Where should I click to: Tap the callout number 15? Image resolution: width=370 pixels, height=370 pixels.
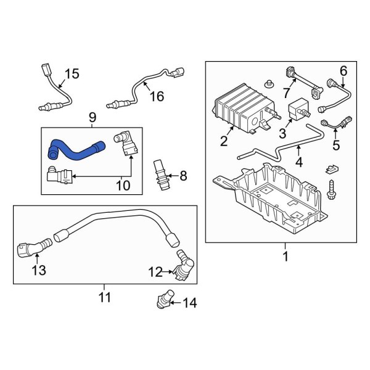[72, 74]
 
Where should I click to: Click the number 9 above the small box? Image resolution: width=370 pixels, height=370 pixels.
[92, 117]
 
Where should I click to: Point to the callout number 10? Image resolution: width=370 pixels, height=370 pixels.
[124, 184]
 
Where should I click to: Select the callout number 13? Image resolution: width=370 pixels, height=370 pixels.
[38, 269]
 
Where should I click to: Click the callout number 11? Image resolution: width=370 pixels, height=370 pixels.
[104, 298]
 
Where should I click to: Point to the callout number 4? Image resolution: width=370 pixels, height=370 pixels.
[298, 163]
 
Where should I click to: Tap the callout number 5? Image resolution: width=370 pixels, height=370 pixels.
[336, 146]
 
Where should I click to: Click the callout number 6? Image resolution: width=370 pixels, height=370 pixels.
[343, 70]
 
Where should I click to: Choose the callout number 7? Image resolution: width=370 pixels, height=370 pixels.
[286, 92]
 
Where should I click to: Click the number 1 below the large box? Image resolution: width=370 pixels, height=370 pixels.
[285, 255]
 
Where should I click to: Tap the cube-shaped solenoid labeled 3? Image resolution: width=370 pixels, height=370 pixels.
[300, 110]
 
